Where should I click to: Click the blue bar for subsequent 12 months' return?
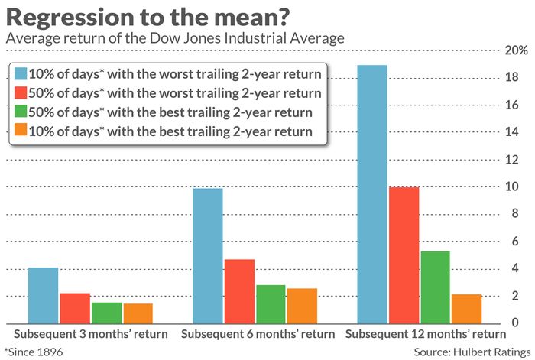coord(372,194)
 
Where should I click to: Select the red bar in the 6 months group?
coord(239,291)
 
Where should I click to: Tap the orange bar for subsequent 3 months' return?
coord(138,313)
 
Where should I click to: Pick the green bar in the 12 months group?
coord(435,287)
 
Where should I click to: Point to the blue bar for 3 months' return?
coord(43,296)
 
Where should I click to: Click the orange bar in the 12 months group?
coord(467,309)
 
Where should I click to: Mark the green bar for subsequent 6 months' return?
coord(271,304)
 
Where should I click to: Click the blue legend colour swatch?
coord(21,73)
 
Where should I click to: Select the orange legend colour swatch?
coord(21,130)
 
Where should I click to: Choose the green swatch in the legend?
coord(21,112)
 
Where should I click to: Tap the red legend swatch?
coord(21,92)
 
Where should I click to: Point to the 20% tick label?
coord(516,50)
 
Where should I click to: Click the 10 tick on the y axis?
coord(511,186)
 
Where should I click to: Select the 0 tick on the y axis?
coord(515,322)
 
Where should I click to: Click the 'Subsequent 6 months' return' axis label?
coord(258,334)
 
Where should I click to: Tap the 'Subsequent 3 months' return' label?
coord(91,334)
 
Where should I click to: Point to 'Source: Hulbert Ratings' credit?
coord(472,352)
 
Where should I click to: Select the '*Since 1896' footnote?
coord(34,352)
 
